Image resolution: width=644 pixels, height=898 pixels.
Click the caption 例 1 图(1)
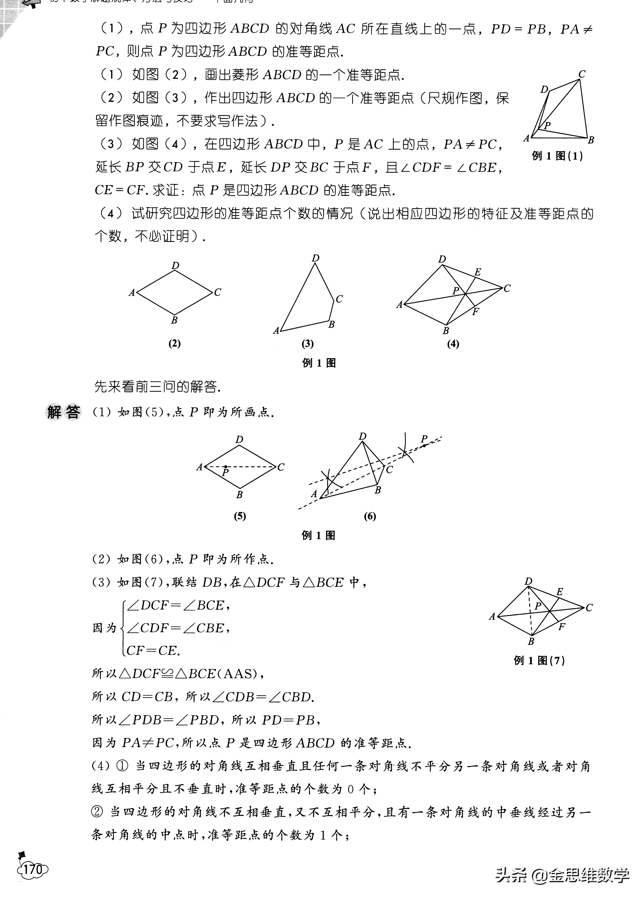point(557,156)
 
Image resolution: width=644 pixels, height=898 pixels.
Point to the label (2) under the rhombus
point(174,343)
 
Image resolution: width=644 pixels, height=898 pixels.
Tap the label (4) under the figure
point(453,343)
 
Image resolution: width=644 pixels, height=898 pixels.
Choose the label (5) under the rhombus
point(240,516)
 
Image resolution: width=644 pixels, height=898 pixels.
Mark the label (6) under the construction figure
point(370,516)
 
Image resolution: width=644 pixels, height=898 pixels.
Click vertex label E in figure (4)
point(478,272)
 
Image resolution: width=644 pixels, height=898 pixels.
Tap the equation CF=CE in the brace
point(153,651)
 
